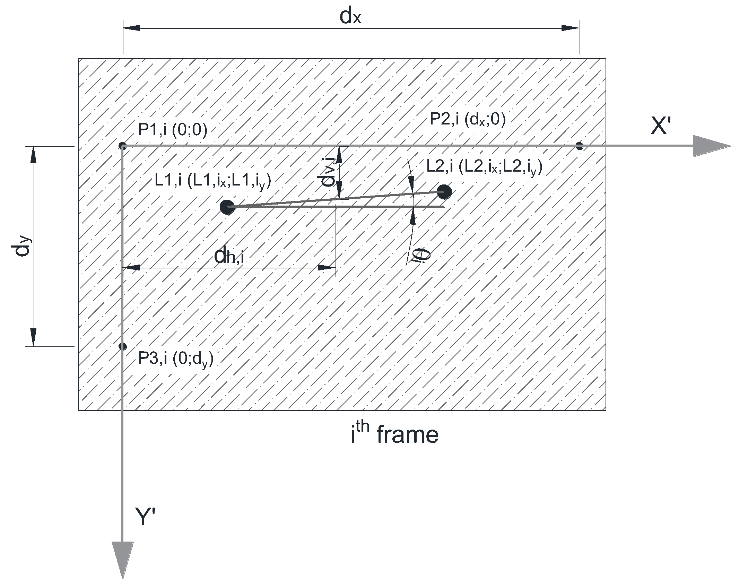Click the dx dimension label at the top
coord(350,17)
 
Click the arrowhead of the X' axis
coord(711,146)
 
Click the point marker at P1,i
coord(122,146)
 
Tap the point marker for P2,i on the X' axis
coord(579,146)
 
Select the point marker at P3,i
coord(122,346)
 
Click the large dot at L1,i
coord(227,207)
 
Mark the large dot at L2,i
coord(444,192)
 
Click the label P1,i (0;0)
coord(172,130)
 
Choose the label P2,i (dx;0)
coord(467,120)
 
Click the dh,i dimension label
coord(229,257)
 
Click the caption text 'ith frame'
coord(394,435)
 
